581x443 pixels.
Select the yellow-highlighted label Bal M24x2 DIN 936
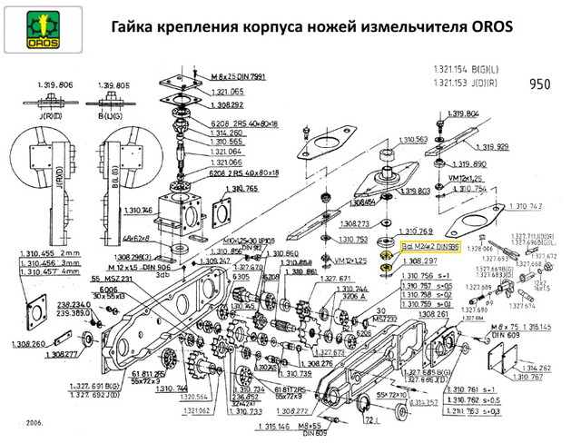430,245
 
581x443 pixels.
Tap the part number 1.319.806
54,84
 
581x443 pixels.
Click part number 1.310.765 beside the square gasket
241,188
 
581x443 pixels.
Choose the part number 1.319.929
491,146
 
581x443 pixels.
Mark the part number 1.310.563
409,139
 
